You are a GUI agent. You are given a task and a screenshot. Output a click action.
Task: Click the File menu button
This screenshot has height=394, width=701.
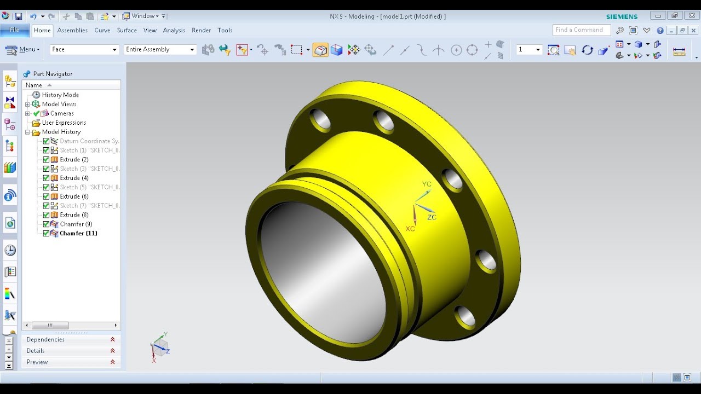click(x=14, y=30)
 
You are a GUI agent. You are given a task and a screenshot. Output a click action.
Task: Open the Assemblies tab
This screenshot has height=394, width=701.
click(x=72, y=30)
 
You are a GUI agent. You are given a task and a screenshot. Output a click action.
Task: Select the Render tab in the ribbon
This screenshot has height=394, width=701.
click(x=201, y=30)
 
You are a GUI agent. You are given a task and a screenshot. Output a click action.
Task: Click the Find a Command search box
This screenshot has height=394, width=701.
click(x=581, y=30)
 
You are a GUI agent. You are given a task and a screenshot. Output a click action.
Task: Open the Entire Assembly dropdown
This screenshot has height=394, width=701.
click(x=160, y=50)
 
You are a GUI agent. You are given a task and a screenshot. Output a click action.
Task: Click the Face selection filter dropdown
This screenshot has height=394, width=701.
click(x=84, y=50)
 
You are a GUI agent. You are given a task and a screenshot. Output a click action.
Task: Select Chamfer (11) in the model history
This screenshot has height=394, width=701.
click(x=78, y=233)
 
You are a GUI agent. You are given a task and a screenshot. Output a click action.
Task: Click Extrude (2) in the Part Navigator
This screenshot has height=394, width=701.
click(x=74, y=159)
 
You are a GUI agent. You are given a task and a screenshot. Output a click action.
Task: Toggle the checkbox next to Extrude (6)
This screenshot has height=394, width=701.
click(x=46, y=196)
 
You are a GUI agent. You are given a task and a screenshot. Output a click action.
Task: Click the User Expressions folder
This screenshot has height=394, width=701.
click(x=64, y=123)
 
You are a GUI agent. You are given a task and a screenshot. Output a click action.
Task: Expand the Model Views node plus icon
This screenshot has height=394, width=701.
click(x=27, y=104)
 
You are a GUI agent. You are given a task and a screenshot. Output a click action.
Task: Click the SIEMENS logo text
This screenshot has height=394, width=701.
click(x=622, y=16)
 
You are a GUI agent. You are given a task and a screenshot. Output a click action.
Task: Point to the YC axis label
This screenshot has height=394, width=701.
click(x=427, y=184)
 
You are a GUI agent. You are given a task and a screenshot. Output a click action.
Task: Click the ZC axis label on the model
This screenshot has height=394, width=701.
click(x=432, y=217)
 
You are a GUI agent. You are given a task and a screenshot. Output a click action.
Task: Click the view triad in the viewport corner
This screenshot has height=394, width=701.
click(x=160, y=347)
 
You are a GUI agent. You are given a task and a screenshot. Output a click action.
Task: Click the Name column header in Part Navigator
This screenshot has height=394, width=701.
click(x=34, y=85)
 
